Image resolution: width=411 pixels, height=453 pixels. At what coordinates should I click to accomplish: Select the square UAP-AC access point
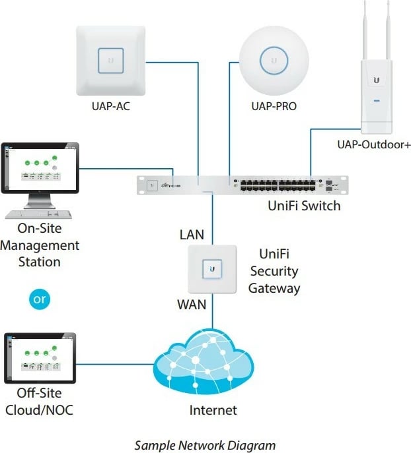[x=110, y=60]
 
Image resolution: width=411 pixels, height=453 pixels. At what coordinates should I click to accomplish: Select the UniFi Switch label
[x=304, y=206]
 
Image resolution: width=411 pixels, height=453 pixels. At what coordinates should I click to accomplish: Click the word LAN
[x=192, y=235]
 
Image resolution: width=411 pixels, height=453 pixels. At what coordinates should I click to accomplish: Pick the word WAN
[x=192, y=305]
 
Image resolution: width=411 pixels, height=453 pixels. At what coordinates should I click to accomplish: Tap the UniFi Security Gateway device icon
[x=212, y=269]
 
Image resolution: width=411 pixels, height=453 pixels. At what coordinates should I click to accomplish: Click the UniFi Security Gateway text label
[x=274, y=271]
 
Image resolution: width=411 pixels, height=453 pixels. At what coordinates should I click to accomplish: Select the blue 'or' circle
[x=40, y=299]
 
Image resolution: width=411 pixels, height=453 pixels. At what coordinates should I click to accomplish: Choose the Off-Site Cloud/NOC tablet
[x=40, y=358]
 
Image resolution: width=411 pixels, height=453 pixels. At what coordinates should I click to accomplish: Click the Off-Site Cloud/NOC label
[x=40, y=402]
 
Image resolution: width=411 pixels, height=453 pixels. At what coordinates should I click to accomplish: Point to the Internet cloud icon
[x=204, y=364]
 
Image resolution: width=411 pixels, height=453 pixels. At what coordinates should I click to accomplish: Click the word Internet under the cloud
[x=213, y=410]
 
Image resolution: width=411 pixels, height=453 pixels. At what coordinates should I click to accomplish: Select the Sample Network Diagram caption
[x=205, y=445]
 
